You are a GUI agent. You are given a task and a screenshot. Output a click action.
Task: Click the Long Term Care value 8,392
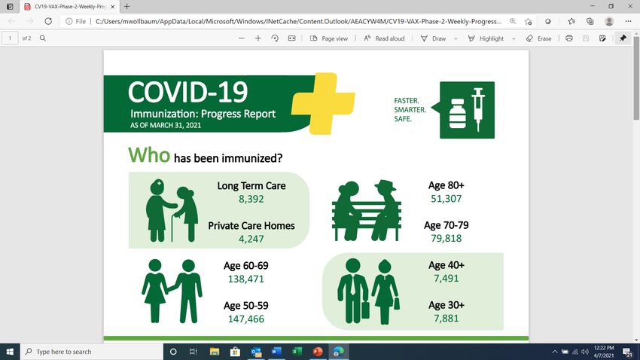[251, 199]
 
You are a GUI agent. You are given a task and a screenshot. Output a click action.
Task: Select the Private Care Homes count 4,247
[251, 239]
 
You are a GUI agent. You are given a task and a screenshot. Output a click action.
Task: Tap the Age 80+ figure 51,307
[446, 199]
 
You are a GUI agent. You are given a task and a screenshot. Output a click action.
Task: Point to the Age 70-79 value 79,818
[446, 238]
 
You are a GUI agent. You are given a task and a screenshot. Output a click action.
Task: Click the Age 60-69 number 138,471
[245, 279]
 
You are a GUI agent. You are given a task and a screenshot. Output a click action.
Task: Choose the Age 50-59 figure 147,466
[245, 319]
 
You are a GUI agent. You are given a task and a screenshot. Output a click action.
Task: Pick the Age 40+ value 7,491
[446, 279]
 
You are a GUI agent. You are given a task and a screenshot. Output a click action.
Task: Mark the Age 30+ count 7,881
[446, 319]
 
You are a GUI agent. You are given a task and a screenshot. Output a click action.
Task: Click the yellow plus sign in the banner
[323, 104]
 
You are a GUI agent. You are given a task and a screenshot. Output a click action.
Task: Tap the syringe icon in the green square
[478, 109]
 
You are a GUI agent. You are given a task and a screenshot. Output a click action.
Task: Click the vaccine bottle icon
[457, 114]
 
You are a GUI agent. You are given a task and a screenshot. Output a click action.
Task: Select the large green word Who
[149, 155]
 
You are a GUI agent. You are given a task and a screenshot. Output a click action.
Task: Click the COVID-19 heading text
[187, 92]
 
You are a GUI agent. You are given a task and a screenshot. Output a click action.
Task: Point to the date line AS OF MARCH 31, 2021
[166, 125]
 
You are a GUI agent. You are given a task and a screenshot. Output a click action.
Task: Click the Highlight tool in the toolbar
[486, 38]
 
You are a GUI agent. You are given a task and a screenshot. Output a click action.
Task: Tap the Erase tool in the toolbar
[539, 38]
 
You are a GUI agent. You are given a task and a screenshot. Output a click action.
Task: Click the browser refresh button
[48, 21]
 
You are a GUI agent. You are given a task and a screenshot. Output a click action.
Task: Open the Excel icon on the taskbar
[297, 352]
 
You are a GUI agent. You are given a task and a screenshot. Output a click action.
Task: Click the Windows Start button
[10, 352]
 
